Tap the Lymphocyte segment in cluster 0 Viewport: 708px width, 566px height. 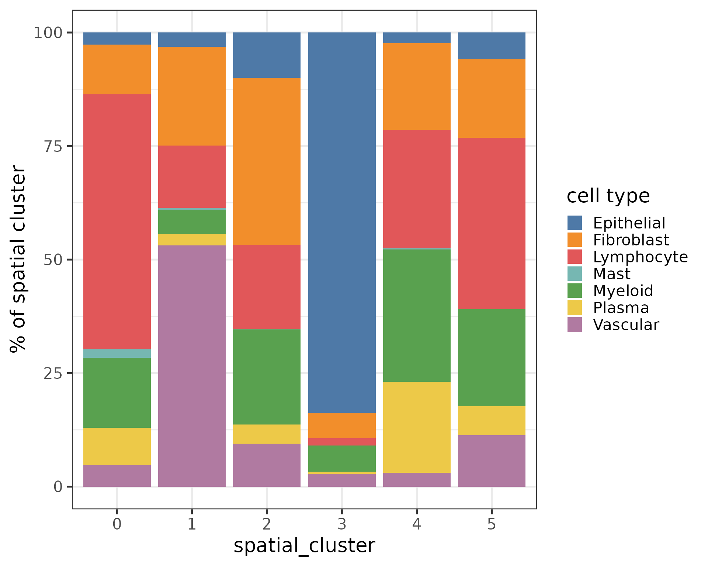click(117, 221)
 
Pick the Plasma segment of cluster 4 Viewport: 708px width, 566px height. click(417, 427)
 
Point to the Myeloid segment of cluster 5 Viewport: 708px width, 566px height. click(492, 357)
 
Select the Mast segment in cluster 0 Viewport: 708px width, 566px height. click(117, 353)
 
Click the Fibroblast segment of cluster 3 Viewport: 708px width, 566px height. click(342, 425)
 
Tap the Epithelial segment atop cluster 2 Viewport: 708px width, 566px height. click(267, 55)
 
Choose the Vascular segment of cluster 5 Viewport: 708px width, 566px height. click(492, 461)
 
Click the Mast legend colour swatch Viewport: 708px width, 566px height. click(575, 274)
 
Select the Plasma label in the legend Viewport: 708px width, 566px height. click(621, 308)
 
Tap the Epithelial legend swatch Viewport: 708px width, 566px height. click(575, 223)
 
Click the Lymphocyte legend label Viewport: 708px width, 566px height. click(640, 257)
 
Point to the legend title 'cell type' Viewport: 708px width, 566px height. click(608, 196)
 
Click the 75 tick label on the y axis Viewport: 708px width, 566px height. click(53, 146)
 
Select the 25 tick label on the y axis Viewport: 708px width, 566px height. click(53, 373)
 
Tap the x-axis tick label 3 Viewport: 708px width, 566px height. click(342, 524)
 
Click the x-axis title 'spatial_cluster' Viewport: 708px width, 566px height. click(304, 546)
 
